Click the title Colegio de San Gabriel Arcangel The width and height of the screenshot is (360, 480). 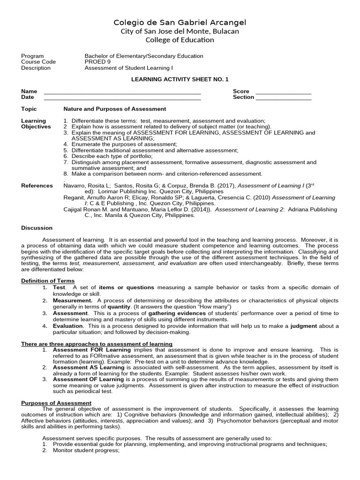tap(180, 22)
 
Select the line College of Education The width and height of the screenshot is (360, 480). tap(180, 40)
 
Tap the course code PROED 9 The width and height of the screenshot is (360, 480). tap(97, 62)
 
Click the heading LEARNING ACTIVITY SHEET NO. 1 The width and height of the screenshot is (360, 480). tap(180, 80)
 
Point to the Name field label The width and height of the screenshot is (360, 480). tap(29, 91)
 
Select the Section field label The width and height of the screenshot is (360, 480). tap(243, 97)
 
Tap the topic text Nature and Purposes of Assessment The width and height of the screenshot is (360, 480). tap(114, 109)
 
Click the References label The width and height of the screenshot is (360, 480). tap(37, 186)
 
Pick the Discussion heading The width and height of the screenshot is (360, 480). tap(37, 228)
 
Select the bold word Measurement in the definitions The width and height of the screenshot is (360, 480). tap(72, 300)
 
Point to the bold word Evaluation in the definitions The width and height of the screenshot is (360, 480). tap(67, 326)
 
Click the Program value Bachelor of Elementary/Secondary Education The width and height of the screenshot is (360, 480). tap(143, 56)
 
